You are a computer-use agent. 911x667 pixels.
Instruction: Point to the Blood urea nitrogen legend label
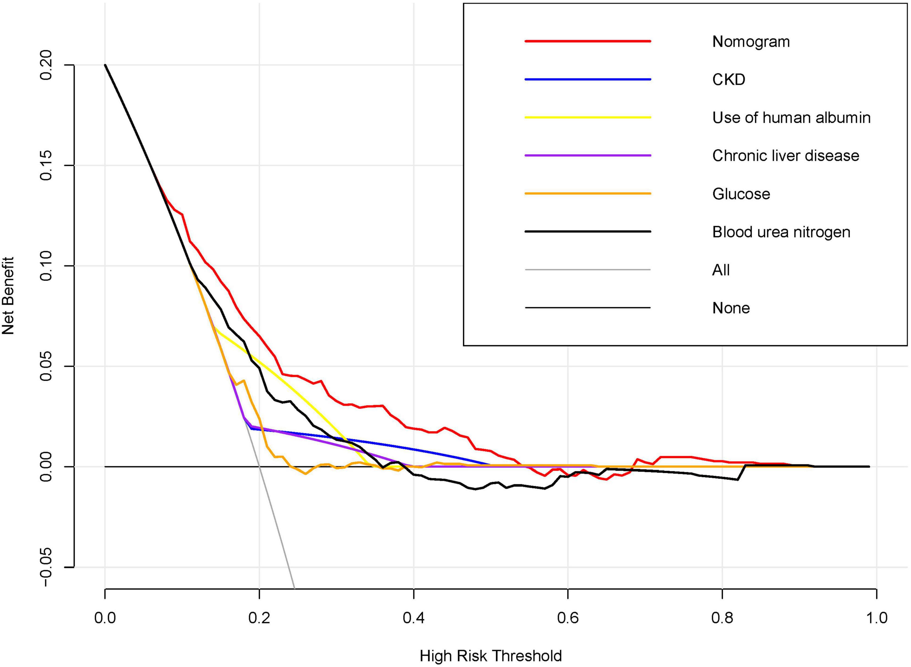(781, 232)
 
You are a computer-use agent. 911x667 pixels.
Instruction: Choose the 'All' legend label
(721, 270)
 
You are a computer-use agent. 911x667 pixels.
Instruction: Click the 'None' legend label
(731, 308)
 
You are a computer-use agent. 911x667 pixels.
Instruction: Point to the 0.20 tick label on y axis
(47, 65)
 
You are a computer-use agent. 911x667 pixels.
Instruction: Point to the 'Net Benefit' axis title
(8, 296)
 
